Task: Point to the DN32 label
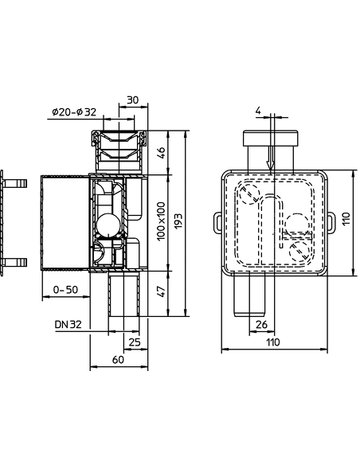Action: (x=68, y=324)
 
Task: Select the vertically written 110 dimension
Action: (x=346, y=220)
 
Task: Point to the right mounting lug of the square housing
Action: (x=330, y=220)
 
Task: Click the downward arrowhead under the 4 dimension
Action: (x=271, y=165)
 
